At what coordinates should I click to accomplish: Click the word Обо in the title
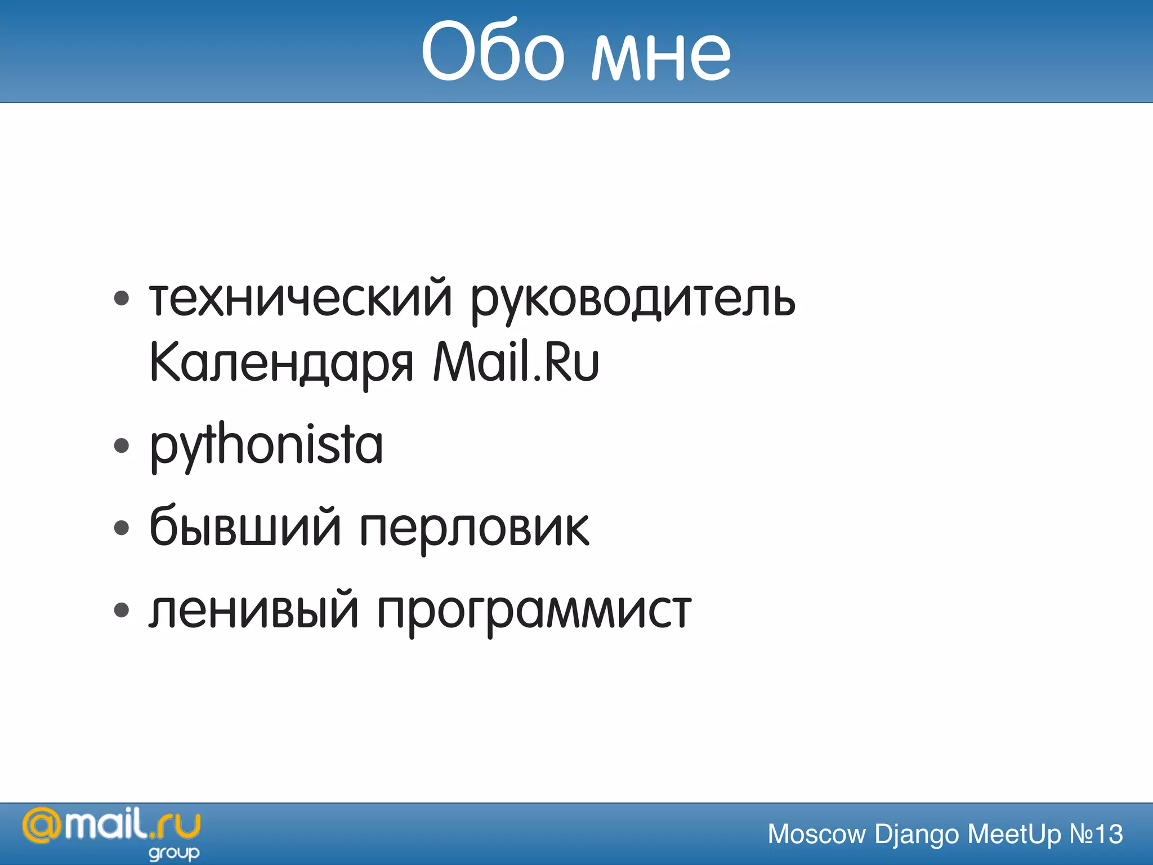(492, 52)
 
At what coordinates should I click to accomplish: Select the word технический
(301, 298)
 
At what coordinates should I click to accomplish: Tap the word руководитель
(633, 300)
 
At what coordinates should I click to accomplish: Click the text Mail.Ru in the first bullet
(516, 362)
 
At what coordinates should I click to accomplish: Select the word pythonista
(266, 446)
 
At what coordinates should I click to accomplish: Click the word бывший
(245, 527)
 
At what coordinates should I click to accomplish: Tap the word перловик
(474, 529)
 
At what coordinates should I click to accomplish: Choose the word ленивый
(253, 610)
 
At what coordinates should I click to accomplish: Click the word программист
(534, 613)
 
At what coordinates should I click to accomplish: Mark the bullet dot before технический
(121, 298)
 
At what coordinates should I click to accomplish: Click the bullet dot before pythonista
(121, 446)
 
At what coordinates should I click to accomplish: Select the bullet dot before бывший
(121, 528)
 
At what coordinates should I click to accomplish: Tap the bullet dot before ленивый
(121, 610)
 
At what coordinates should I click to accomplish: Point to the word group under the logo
(173, 853)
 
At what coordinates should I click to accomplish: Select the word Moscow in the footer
(816, 834)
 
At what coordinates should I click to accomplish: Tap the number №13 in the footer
(1096, 834)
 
